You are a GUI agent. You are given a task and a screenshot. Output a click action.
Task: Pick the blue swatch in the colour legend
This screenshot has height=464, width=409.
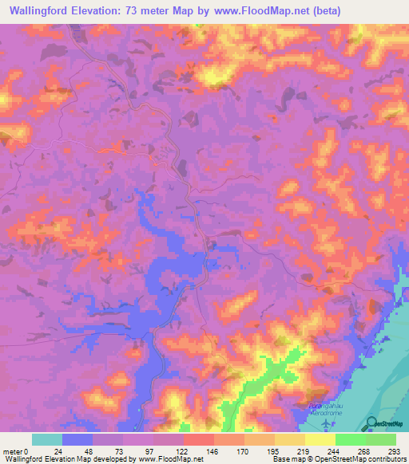click(77, 439)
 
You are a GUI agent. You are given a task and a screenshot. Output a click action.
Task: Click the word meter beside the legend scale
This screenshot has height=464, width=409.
click(13, 451)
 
